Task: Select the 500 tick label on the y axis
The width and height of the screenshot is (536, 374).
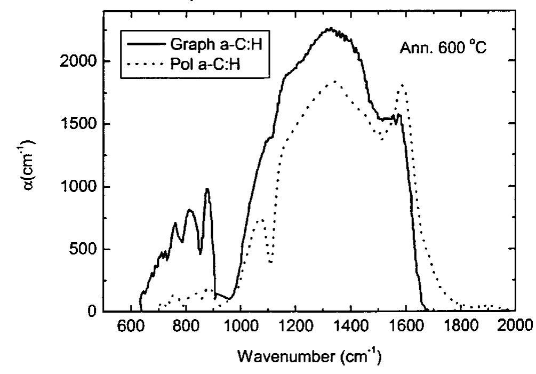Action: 83,249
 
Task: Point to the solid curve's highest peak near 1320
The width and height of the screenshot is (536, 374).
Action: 331,29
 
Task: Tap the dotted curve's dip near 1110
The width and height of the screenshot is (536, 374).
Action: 271,262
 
